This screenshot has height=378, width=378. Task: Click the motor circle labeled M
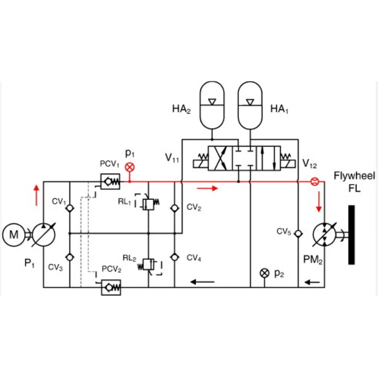click(x=14, y=233)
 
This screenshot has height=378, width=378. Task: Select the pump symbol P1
click(x=44, y=233)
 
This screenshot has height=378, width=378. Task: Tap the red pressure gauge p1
click(x=129, y=167)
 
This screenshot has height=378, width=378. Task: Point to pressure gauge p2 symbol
click(x=265, y=273)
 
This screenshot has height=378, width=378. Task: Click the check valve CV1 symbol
click(x=69, y=208)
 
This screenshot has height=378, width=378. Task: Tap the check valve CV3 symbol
click(x=69, y=257)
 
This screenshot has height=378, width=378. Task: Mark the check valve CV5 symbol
click(x=298, y=233)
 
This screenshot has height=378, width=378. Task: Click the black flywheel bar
click(x=352, y=234)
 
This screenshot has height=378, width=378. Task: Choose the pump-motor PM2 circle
click(x=325, y=233)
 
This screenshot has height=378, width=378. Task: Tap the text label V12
click(x=310, y=164)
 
